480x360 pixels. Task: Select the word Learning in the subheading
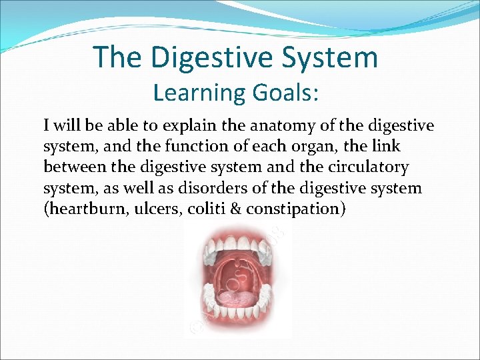pos(199,93)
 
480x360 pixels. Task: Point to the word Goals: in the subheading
pos(287,93)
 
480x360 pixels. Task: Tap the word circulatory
pos(367,167)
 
